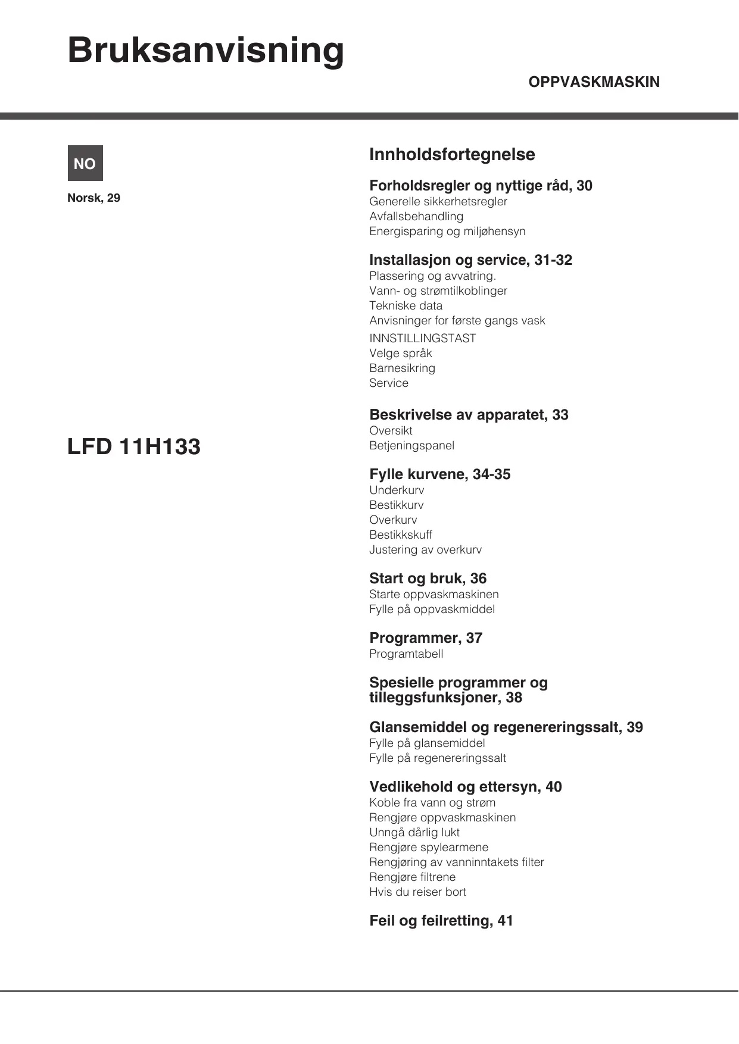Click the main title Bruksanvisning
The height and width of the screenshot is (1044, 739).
pos(205,51)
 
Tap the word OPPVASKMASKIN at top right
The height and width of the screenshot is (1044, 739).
pos(594,82)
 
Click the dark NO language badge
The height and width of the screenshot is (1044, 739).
pos(85,163)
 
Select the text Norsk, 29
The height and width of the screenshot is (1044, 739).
pos(93,198)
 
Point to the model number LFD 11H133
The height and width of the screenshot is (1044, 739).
pos(134,446)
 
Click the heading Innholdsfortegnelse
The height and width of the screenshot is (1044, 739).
pos(452,155)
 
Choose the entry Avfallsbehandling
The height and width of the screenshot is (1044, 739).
pos(416,217)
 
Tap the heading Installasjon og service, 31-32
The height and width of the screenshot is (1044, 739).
pos(470,260)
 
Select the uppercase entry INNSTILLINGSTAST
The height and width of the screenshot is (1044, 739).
pos(422,339)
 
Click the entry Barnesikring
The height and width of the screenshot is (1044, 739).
pos(402,368)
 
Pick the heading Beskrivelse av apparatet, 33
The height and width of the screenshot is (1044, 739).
pos(469,415)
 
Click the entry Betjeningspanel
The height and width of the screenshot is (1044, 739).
pos(411,446)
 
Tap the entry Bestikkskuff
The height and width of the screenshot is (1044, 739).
pos(400,535)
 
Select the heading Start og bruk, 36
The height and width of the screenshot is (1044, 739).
pos(428,579)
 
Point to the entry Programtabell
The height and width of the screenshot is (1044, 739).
pos(406,654)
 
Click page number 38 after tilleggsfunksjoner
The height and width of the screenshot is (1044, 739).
pos(514,698)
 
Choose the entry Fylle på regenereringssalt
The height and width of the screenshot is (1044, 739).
pos(438,758)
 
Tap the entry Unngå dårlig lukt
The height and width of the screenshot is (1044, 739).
pos(414,833)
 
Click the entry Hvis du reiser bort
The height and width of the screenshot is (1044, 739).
pos(417,892)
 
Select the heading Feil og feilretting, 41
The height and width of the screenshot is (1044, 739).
pos(441,921)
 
